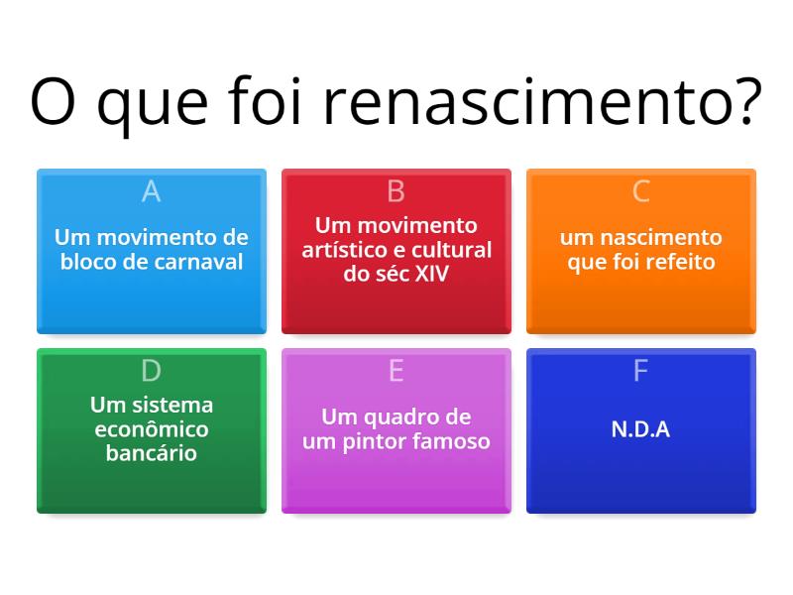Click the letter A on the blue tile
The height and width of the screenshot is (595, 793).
(151, 191)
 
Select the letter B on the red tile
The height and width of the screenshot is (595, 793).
(396, 191)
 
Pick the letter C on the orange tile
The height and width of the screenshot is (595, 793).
(640, 191)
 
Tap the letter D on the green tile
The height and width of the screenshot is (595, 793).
(151, 371)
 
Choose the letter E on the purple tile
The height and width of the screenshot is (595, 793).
(396, 371)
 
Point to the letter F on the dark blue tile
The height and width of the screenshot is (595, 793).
(640, 371)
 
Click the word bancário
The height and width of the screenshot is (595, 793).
(151, 454)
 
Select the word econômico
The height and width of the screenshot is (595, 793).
(151, 429)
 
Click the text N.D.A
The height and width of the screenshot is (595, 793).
(640, 430)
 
